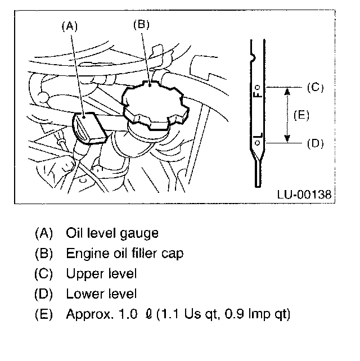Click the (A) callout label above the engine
(68, 25)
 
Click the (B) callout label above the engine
(141, 24)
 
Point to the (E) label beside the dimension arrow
(302, 115)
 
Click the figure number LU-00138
(304, 195)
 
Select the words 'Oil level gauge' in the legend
(112, 233)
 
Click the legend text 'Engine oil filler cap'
(124, 253)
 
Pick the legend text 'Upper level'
(101, 273)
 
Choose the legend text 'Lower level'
(101, 294)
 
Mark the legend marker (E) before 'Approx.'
(43, 314)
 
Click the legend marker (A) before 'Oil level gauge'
(43, 233)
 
